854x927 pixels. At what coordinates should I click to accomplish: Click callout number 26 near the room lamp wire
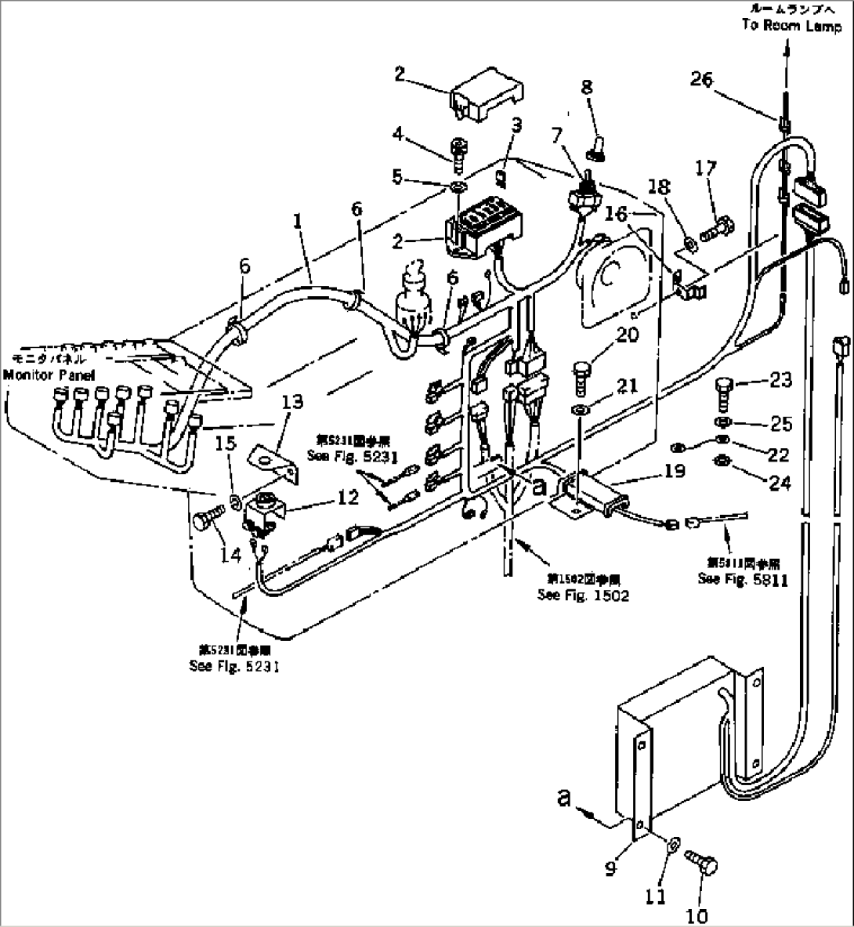coord(703,78)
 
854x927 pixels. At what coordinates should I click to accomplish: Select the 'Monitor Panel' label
coord(49,375)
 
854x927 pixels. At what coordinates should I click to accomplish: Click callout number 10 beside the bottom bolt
coord(697,915)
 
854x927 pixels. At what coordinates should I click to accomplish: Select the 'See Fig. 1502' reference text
coord(583,596)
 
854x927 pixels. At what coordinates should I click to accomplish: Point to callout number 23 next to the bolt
coord(780,382)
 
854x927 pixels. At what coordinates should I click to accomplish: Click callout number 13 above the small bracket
coord(291,403)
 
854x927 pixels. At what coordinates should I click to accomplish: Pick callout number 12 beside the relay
coord(347,497)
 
